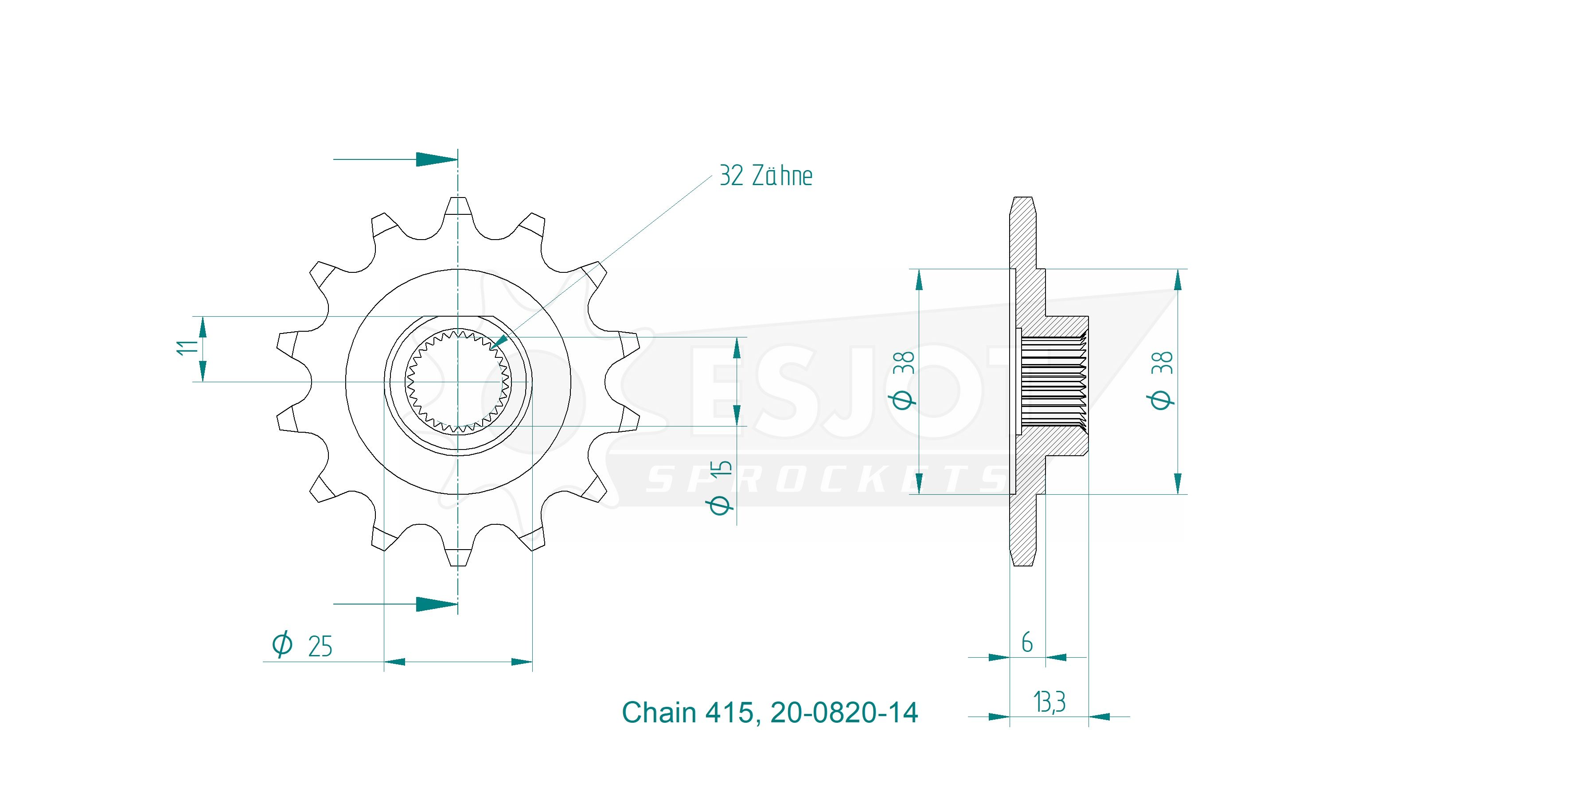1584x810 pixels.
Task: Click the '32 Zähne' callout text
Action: click(x=765, y=176)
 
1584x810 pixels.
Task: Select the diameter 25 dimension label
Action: click(x=302, y=645)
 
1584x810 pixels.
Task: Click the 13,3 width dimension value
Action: click(x=1049, y=702)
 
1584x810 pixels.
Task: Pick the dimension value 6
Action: click(x=1027, y=643)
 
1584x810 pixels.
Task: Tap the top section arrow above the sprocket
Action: click(x=395, y=159)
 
